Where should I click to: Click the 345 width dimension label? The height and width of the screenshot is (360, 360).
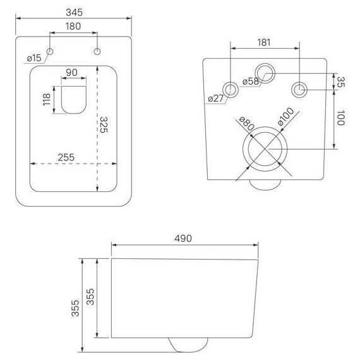tap(74, 13)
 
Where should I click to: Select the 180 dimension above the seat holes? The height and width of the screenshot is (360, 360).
tap(73, 27)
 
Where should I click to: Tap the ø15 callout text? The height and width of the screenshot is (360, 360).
tap(34, 58)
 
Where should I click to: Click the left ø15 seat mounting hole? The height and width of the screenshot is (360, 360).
tap(50, 51)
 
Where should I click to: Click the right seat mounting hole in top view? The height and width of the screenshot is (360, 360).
tap(97, 51)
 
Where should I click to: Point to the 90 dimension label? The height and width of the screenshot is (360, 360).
tap(71, 73)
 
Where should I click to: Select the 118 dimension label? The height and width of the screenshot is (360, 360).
tap(47, 99)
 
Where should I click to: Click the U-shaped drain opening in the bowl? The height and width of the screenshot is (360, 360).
tap(74, 100)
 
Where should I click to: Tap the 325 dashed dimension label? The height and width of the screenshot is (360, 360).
tap(104, 124)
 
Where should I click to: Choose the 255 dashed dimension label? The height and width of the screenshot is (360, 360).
tap(66, 157)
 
